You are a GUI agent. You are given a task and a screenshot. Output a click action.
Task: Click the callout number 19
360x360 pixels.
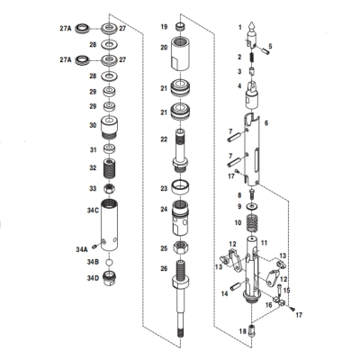coord(164,28)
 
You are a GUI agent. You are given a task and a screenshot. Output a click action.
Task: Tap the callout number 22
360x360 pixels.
coord(164,139)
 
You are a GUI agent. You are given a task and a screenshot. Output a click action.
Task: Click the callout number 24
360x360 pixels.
coord(164,211)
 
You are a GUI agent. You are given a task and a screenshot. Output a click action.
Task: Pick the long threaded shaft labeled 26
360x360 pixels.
coord(184,297)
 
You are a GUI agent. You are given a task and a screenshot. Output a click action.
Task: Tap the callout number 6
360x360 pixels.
coord(265,121)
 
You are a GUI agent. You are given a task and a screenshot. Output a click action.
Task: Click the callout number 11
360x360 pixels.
coord(265,242)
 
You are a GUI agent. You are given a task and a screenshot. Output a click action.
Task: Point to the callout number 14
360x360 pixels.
coord(225,293)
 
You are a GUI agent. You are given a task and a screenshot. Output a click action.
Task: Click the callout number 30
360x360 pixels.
coord(92,126)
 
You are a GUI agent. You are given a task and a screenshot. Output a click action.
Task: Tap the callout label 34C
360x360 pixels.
coord(92,210)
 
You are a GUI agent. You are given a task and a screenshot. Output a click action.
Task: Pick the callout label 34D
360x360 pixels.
coord(92,278)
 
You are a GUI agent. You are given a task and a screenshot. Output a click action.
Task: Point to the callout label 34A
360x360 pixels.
coord(82,247)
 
